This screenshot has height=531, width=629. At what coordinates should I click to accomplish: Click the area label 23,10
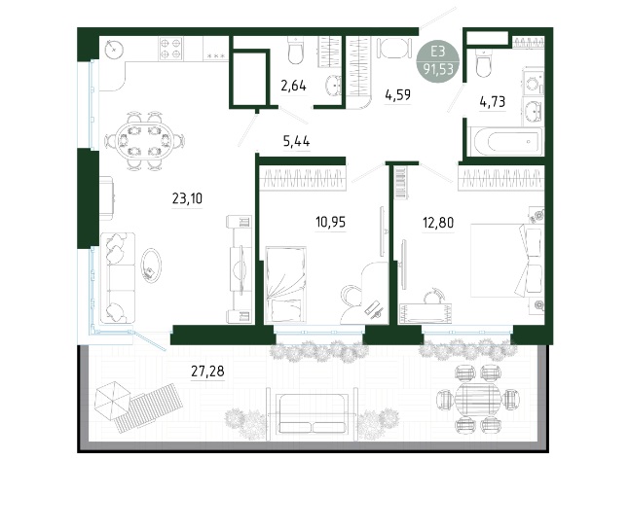[x=187, y=198]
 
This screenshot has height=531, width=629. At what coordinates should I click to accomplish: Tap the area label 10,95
[x=330, y=222]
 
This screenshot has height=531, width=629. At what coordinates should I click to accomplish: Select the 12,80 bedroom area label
[x=438, y=222]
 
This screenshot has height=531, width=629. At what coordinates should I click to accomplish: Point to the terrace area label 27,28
[x=207, y=372]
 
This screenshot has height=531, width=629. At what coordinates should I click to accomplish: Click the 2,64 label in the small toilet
[x=294, y=86]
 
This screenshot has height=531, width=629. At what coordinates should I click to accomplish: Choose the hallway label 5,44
[x=296, y=141]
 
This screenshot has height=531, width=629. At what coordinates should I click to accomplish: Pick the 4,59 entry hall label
[x=397, y=95]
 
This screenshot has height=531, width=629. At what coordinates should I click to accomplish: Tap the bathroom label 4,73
[x=493, y=102]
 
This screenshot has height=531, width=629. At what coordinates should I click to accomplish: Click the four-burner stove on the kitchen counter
[x=171, y=49]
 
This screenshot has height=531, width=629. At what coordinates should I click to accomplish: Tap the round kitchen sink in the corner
[x=114, y=50]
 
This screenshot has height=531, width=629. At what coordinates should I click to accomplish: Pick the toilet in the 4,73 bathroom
[x=484, y=63]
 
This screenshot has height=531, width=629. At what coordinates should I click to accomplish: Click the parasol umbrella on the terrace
[x=112, y=400]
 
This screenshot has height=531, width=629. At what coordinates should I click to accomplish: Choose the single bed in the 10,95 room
[x=286, y=284]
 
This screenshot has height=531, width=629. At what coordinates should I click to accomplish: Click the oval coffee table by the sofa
[x=151, y=265]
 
